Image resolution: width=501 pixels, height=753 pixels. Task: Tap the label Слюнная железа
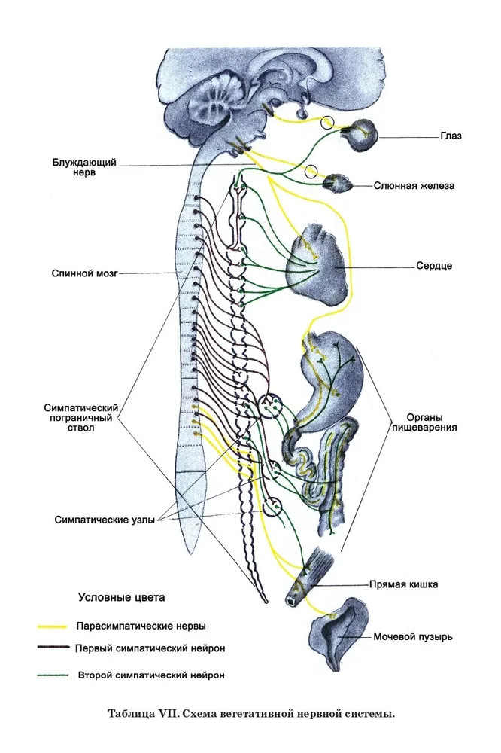[x=414, y=185]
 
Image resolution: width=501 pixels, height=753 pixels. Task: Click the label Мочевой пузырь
[x=413, y=636]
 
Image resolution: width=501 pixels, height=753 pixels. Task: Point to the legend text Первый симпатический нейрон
[x=150, y=648]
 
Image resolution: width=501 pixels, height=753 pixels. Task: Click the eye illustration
[x=366, y=133]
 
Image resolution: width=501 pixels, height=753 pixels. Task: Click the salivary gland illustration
[x=336, y=182]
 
